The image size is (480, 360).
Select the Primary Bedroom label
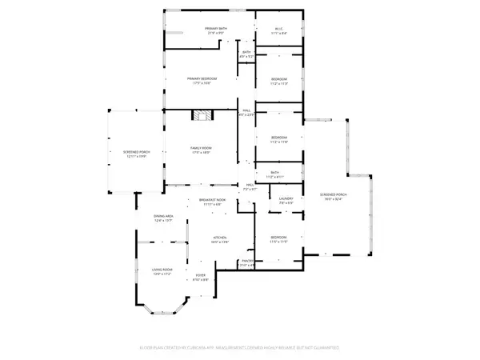click(x=204, y=80)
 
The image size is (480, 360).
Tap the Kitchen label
click(x=221, y=239)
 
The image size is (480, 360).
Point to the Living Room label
click(x=162, y=273)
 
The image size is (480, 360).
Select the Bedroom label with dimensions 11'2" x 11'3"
click(x=278, y=81)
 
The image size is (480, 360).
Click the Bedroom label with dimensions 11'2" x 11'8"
click(x=278, y=140)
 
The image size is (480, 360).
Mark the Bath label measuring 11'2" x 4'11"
click(x=274, y=174)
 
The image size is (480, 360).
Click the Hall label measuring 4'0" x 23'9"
click(x=246, y=113)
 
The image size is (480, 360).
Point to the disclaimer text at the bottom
click(x=240, y=350)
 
